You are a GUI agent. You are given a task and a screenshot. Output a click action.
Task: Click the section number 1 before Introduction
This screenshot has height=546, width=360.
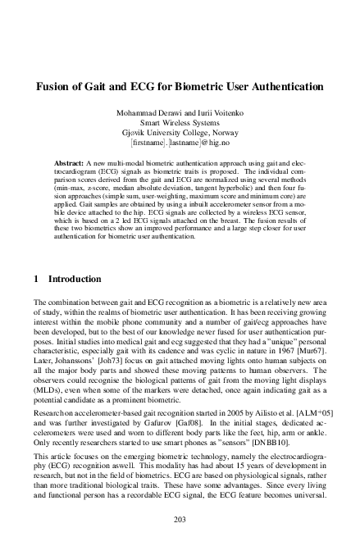37,280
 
